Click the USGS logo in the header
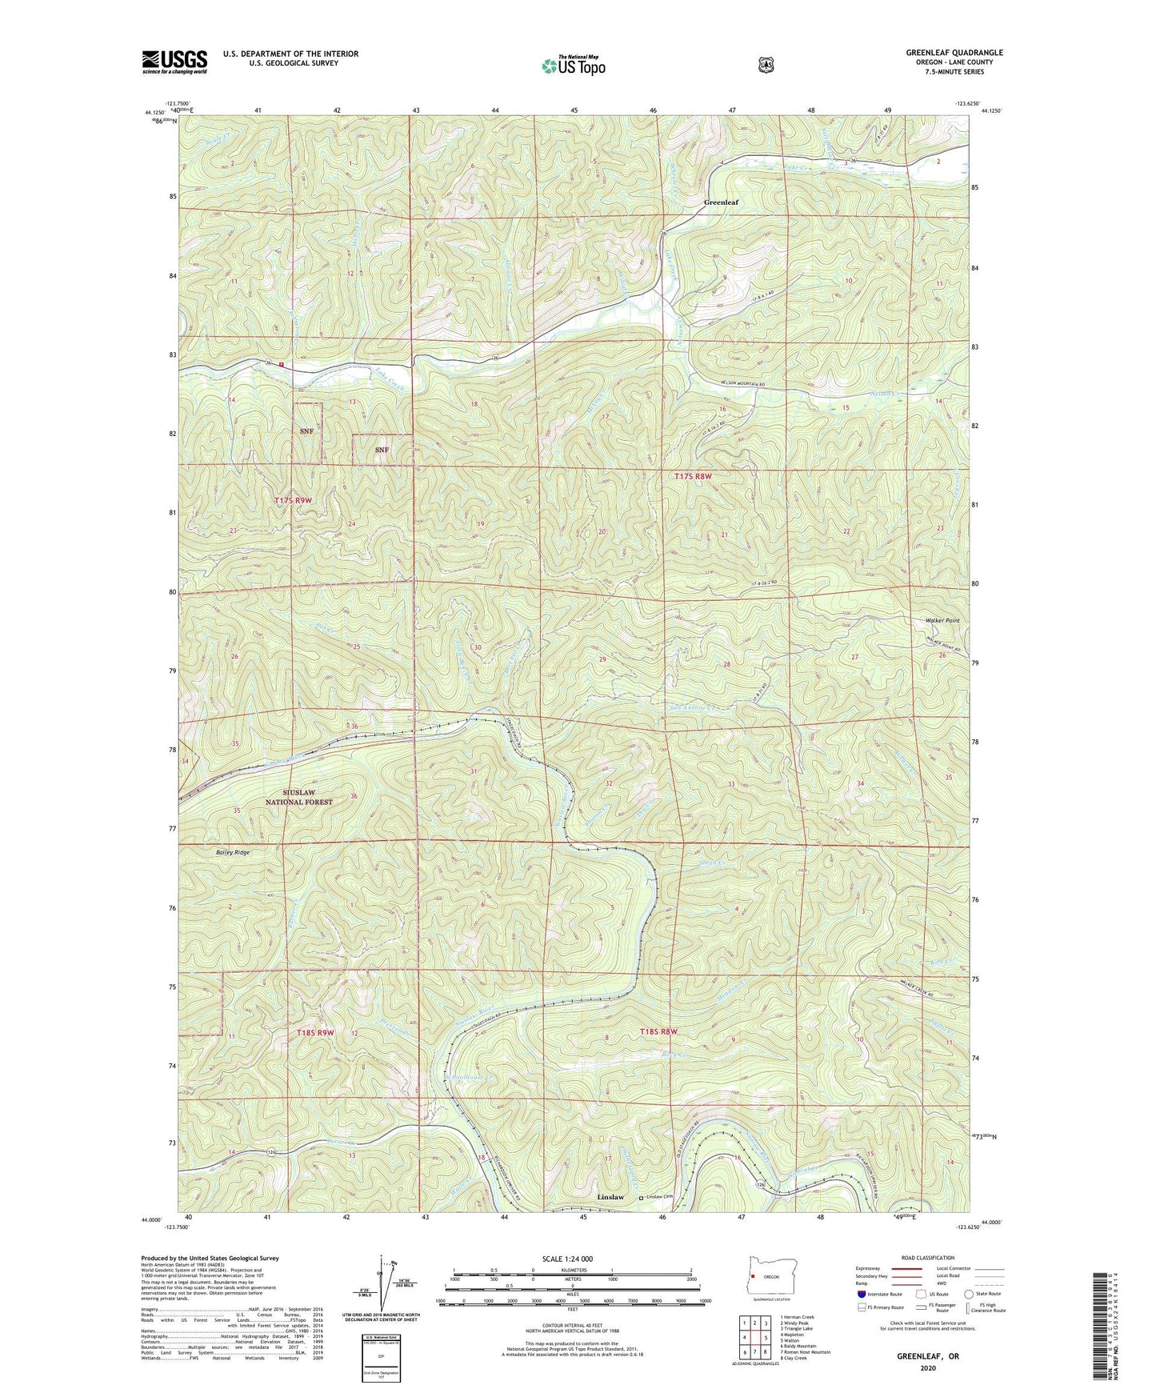point(174,62)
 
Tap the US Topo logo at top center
point(573,66)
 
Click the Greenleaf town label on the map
point(721,202)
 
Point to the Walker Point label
point(942,620)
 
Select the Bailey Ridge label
point(232,853)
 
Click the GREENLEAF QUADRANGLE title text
point(954,53)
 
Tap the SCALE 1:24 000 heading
point(567,1259)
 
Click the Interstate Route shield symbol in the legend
point(861,1294)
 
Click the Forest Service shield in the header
point(766,65)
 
